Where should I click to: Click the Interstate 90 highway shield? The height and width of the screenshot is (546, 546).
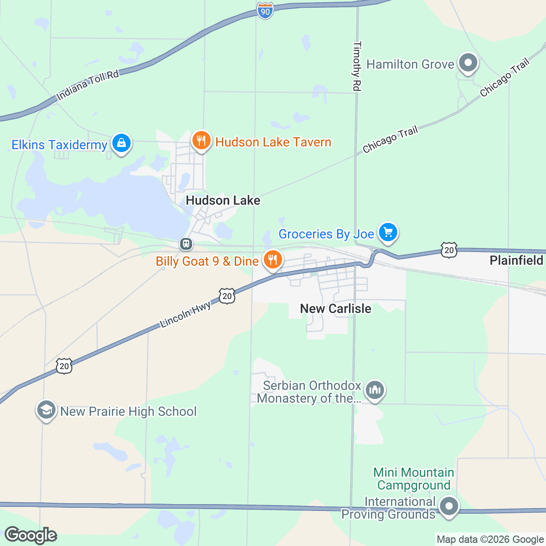[265, 10]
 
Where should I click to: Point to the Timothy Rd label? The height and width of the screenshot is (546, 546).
[357, 66]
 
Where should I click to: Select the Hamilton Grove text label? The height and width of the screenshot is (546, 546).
[410, 64]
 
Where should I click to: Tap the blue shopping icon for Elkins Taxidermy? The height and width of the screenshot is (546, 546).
[121, 143]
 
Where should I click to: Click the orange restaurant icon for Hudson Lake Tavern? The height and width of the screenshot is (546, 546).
[201, 140]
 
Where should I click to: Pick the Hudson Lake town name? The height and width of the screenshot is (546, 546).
[223, 200]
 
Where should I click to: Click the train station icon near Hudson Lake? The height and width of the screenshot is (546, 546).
[186, 244]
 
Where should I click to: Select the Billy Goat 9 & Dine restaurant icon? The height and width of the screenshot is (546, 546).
[273, 260]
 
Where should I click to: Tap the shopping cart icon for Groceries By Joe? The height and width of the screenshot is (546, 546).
[388, 233]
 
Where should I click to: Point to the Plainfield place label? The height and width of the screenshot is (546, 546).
[516, 260]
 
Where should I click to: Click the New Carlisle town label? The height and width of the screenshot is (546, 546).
[336, 308]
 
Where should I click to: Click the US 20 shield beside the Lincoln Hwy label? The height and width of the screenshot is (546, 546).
[227, 296]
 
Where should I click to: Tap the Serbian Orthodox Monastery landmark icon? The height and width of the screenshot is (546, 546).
[375, 390]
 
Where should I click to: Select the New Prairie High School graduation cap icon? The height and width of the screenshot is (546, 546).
[46, 410]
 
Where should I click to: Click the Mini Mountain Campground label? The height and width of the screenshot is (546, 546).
[414, 479]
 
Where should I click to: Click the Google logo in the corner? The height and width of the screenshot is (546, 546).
[30, 535]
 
